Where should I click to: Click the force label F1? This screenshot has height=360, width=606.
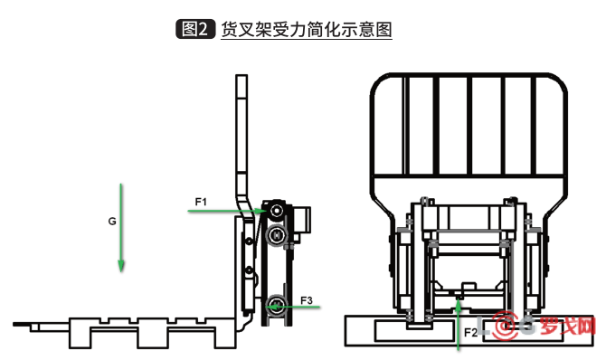click(x=201, y=199)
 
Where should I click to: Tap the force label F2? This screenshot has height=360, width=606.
click(x=470, y=332)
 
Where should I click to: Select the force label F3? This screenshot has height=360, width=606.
click(x=307, y=299)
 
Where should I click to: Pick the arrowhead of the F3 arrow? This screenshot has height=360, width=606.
click(x=273, y=308)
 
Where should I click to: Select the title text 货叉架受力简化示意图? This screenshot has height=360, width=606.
click(x=307, y=29)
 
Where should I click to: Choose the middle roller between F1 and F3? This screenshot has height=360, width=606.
click(x=277, y=235)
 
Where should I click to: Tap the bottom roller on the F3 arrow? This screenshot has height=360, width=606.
click(x=275, y=301)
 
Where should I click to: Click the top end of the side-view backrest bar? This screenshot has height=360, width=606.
click(x=241, y=79)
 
